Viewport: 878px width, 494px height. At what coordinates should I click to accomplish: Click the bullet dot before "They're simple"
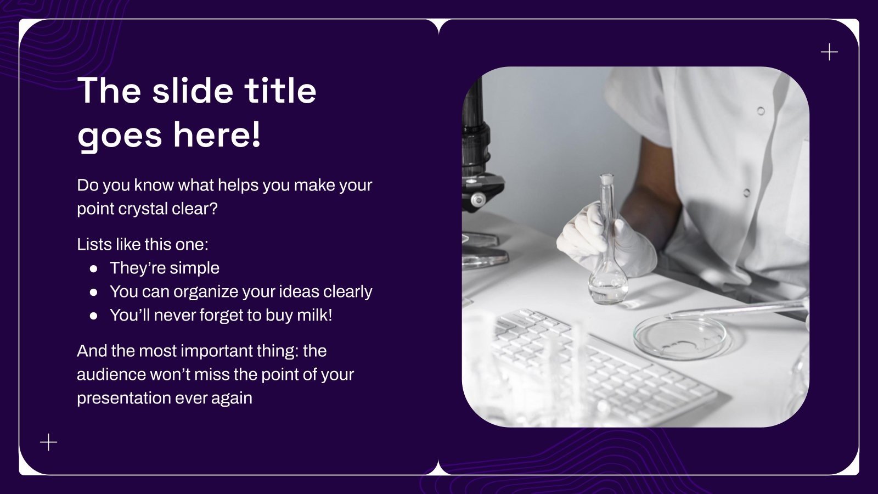click(94, 268)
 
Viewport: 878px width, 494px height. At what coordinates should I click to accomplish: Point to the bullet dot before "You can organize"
click(94, 292)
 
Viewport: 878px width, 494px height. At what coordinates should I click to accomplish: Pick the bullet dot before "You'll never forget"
click(94, 316)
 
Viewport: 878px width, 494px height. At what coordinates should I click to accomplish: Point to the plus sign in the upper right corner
click(829, 52)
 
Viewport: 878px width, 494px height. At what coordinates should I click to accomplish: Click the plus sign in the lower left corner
click(49, 442)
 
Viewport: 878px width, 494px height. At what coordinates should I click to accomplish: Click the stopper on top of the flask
click(606, 179)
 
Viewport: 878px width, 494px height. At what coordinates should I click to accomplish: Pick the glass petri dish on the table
click(679, 336)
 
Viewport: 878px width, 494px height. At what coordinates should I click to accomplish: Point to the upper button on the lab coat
click(761, 111)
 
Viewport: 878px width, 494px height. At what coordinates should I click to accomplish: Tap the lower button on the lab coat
click(746, 193)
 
